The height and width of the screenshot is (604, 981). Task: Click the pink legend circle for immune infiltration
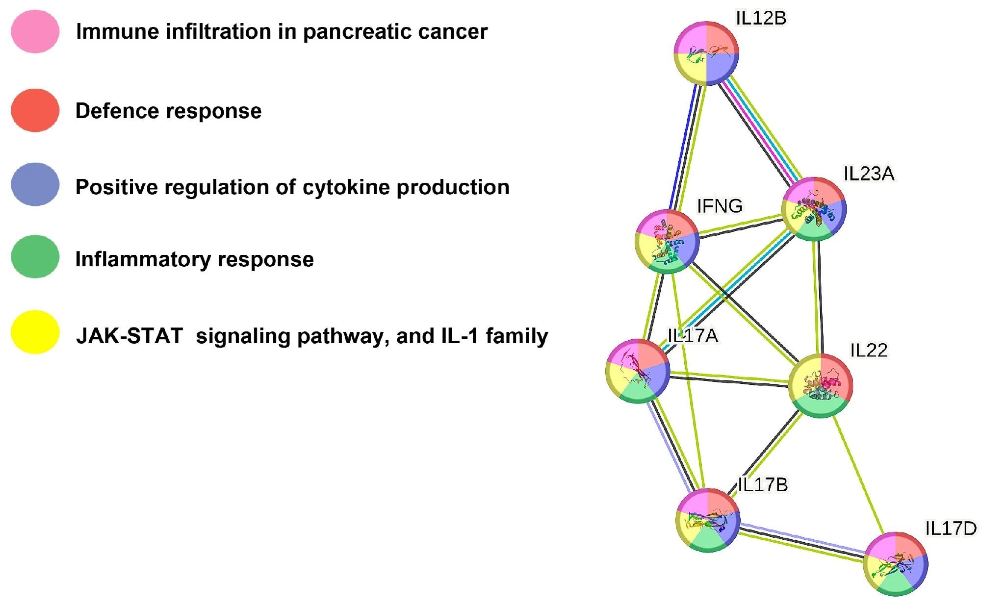coord(35,31)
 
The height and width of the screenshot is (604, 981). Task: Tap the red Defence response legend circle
coord(35,110)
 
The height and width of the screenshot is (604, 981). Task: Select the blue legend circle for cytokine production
coord(35,184)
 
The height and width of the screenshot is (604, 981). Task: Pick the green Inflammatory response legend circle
coord(35,256)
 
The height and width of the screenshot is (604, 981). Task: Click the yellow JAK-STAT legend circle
coord(35,332)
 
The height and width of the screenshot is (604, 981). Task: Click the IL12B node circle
coord(706,53)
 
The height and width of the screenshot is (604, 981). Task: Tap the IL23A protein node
coord(814,208)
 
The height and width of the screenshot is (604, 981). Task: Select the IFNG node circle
coord(667,241)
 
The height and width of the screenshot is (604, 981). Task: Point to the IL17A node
coord(638,371)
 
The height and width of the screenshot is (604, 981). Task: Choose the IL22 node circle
coord(820,386)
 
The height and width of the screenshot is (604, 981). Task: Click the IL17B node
coord(708,520)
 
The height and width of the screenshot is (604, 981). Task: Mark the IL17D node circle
coord(895,564)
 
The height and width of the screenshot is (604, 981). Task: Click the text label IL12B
coord(761,18)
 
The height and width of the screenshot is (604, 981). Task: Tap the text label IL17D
coord(951,528)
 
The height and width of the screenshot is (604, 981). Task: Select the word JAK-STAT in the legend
coord(129,336)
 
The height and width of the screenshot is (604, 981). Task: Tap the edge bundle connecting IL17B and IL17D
coord(801,542)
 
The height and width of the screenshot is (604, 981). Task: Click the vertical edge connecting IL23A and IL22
coord(818,297)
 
